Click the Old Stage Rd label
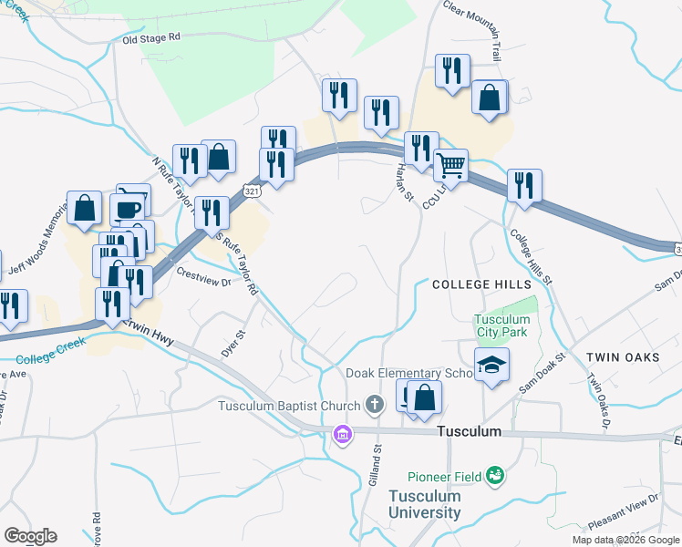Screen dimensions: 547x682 [x=152, y=38]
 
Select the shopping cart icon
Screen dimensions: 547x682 [x=450, y=166]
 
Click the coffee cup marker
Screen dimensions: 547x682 [x=128, y=210]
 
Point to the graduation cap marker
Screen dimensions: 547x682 [x=492, y=366]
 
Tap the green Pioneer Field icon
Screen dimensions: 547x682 [x=495, y=474]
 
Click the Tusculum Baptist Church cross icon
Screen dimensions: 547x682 [x=374, y=404]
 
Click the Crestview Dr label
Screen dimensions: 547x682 [x=204, y=276]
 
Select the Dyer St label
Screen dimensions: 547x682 [x=230, y=344]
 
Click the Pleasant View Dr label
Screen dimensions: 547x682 [x=624, y=511]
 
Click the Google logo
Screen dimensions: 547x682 [x=30, y=536]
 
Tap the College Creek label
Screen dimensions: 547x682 [x=50, y=346]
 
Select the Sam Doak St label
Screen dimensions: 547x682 [x=542, y=374]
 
